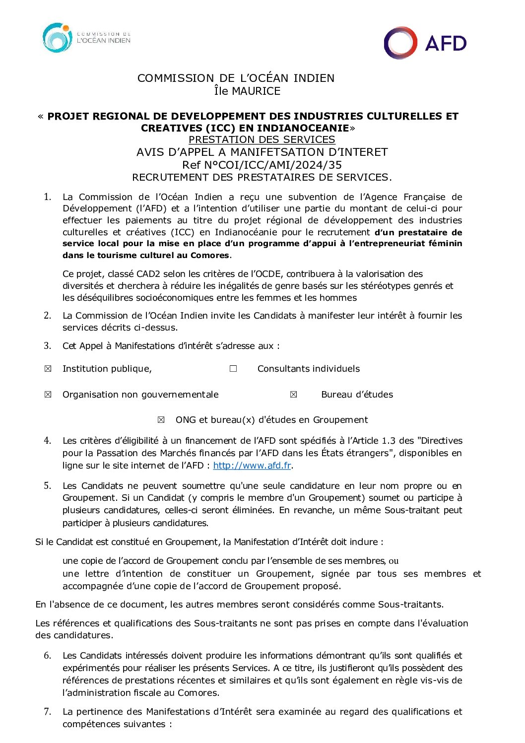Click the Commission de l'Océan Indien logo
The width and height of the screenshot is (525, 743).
pyautogui.click(x=86, y=38)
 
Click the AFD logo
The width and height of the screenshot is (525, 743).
pyautogui.click(x=425, y=43)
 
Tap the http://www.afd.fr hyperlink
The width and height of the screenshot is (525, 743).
pyautogui.click(x=252, y=466)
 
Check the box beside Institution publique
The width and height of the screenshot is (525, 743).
pyautogui.click(x=48, y=369)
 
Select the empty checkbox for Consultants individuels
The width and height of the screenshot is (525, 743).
pyautogui.click(x=233, y=369)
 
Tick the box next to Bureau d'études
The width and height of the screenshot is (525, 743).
pyautogui.click(x=294, y=395)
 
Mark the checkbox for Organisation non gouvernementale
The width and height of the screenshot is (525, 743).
pyautogui.click(x=48, y=395)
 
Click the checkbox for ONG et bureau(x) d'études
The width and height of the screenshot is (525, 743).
pyautogui.click(x=161, y=420)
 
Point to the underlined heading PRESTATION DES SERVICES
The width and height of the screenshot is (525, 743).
pyautogui.click(x=262, y=139)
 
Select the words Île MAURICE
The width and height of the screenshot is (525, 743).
pyautogui.click(x=247, y=91)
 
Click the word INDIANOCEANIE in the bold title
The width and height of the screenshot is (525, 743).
pyautogui.click(x=303, y=128)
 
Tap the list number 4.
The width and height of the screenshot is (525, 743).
pyautogui.click(x=48, y=441)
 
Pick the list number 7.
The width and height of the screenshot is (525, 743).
pyautogui.click(x=48, y=712)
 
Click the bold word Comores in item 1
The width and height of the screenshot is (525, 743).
pyautogui.click(x=212, y=256)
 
